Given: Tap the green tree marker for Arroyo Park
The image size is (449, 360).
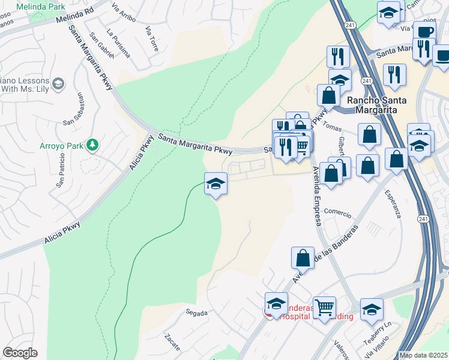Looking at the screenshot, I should pyautogui.click(x=92, y=145).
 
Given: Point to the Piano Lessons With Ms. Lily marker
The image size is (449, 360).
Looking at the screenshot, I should pyautogui.click(x=59, y=84).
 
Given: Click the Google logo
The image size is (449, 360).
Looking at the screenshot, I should pyautogui.click(x=20, y=353).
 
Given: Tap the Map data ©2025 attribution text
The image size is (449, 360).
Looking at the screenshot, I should pyautogui.click(x=423, y=355).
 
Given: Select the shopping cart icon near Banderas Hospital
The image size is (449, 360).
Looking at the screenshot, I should pyautogui.click(x=325, y=308).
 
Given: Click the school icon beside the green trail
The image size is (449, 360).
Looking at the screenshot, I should pyautogui.click(x=215, y=184).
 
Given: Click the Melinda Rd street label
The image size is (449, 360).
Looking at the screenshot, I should pyautogui.click(x=75, y=15).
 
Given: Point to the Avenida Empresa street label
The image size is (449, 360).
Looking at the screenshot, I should pyautogui.click(x=316, y=196).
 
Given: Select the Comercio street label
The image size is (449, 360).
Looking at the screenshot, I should pyautogui.click(x=337, y=211).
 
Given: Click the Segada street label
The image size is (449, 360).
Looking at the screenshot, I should pyautogui.click(x=196, y=313).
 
